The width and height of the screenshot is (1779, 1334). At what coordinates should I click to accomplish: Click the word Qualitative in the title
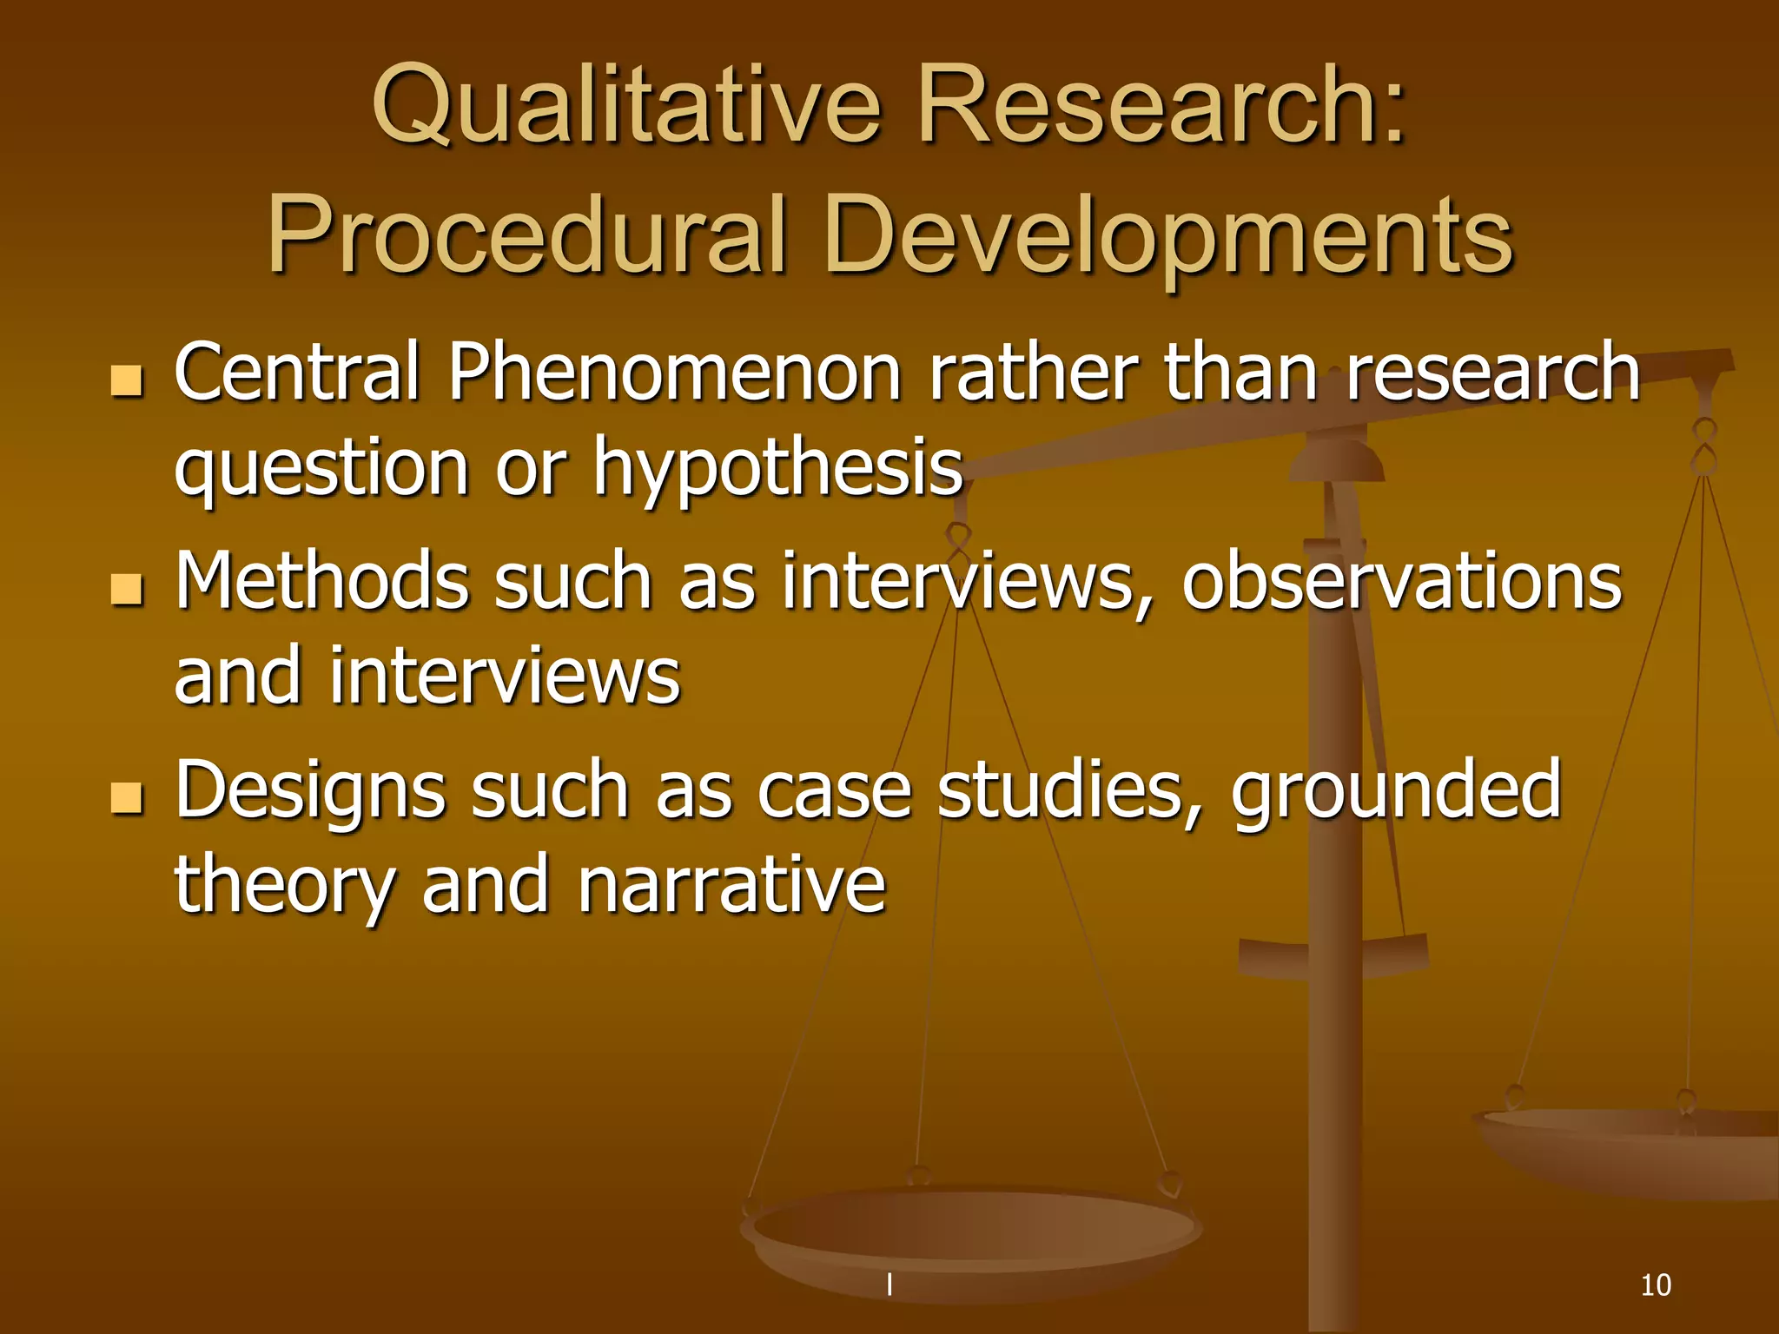[x=625, y=106]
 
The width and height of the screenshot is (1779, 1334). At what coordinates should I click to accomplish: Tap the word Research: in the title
[x=1161, y=106]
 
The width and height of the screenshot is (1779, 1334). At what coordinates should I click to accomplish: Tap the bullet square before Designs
[x=127, y=797]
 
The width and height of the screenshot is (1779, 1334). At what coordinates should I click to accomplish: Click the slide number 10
[x=1655, y=1284]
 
